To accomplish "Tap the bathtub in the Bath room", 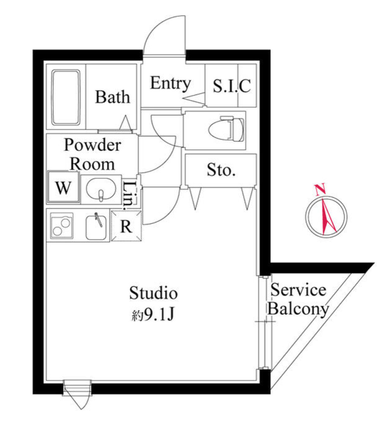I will click(x=66, y=97).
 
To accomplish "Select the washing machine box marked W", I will click(x=63, y=188).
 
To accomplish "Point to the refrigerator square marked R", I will click(x=126, y=227).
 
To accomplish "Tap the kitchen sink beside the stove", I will click(x=96, y=227).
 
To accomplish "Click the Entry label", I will click(x=170, y=83).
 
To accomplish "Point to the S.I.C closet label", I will click(x=232, y=86).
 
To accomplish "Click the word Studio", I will click(x=153, y=293).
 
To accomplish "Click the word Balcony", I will click(x=298, y=309).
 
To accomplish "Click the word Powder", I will click(x=92, y=145).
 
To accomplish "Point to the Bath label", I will click(x=112, y=97).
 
